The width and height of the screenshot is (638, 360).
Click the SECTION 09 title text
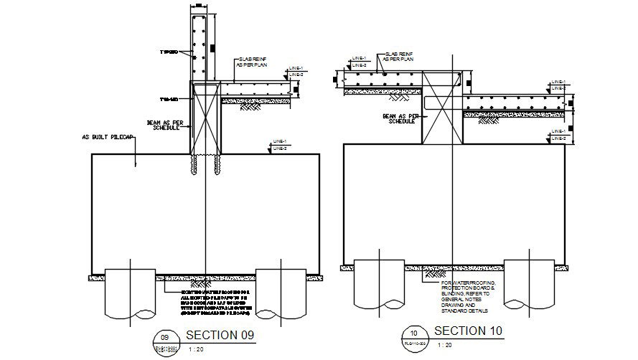(x=220, y=335)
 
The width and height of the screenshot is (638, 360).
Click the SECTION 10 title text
(x=469, y=331)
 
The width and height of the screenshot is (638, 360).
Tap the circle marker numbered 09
(x=164, y=337)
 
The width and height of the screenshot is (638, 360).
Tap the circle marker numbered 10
(x=413, y=333)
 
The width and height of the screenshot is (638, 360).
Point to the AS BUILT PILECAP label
(x=107, y=137)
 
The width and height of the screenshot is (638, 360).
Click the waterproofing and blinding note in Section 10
(x=464, y=298)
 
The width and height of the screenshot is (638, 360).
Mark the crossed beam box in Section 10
(x=440, y=107)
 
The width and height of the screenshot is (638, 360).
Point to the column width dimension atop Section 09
(x=200, y=6)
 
